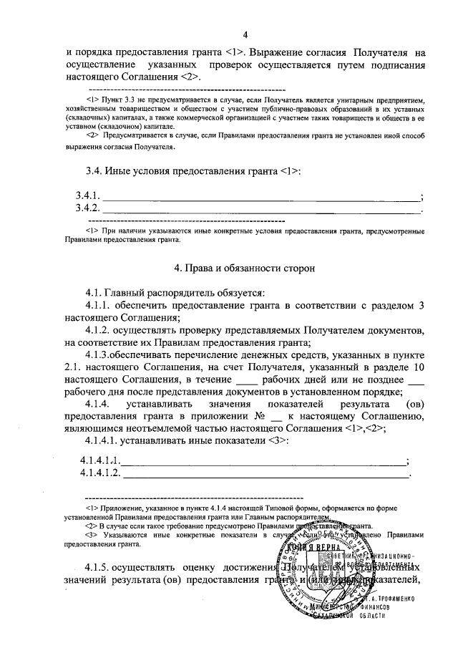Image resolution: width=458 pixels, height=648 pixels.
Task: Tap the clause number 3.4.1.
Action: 89,196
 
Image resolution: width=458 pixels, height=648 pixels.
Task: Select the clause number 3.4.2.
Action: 89,209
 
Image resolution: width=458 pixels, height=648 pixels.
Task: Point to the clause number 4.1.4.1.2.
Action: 101,473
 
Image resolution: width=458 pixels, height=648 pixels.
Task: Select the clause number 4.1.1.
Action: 101,305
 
